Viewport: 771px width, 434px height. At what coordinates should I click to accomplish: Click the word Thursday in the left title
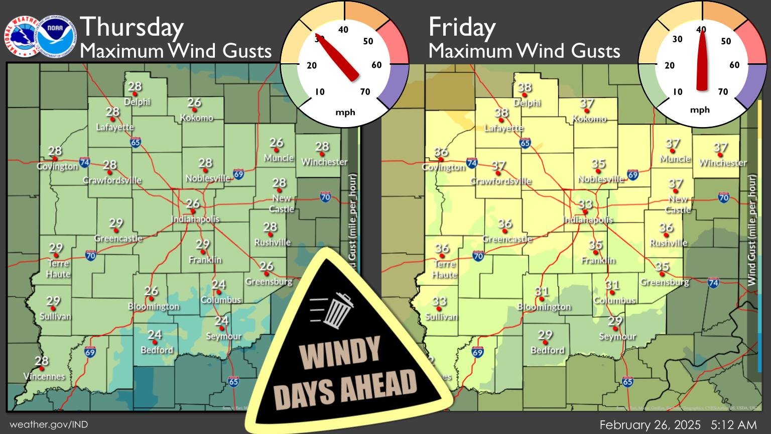tap(132, 27)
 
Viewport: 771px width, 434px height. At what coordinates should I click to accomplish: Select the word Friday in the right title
tap(462, 27)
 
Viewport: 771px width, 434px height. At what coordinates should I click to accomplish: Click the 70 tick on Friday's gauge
tap(723, 91)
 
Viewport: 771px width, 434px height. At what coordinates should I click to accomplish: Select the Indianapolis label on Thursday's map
tap(195, 219)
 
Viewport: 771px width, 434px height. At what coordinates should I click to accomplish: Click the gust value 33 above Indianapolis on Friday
tap(585, 204)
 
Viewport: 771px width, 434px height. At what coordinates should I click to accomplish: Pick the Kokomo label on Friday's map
tap(589, 119)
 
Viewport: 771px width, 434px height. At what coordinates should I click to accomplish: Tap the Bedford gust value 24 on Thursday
tap(155, 335)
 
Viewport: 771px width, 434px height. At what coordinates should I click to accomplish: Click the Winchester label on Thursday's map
tap(324, 162)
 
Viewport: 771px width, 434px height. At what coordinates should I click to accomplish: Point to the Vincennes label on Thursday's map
tap(44, 376)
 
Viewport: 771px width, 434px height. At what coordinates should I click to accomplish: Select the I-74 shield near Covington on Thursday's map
tap(84, 162)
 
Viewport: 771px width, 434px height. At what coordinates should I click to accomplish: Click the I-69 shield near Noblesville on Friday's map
tap(632, 175)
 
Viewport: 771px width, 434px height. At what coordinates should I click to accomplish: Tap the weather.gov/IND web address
tap(49, 424)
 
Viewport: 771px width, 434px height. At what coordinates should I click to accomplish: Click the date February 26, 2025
tap(650, 424)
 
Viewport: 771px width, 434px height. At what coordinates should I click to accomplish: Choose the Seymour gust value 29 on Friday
tap(615, 321)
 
